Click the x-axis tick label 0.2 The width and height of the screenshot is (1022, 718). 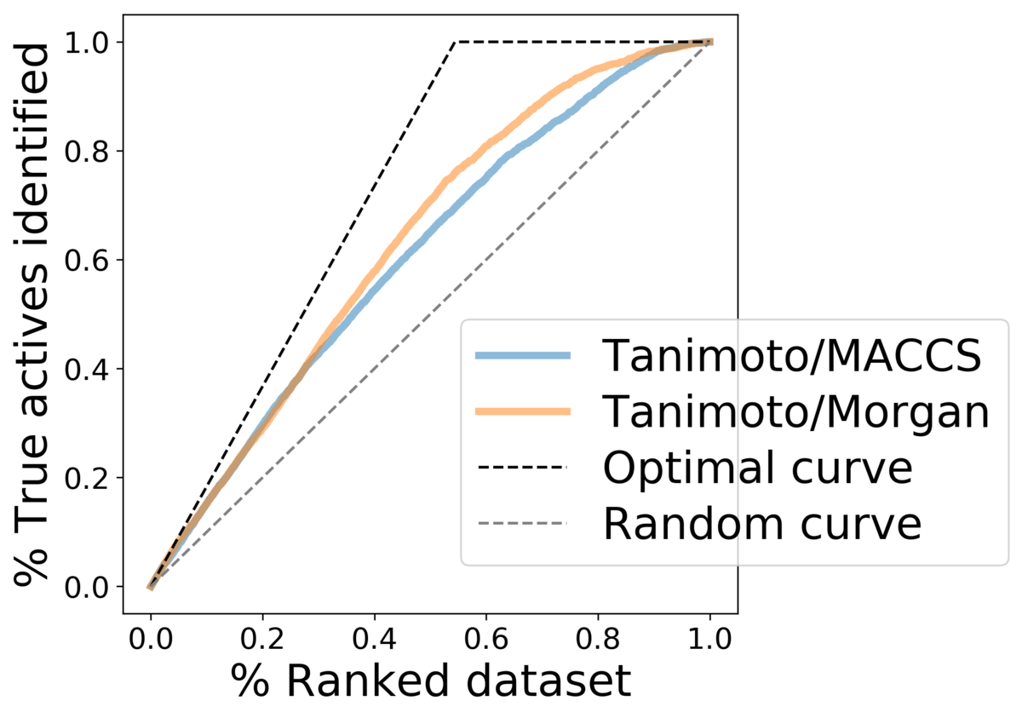click(262, 638)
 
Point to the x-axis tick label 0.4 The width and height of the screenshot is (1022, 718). click(374, 638)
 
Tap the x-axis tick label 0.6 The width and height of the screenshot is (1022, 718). click(486, 638)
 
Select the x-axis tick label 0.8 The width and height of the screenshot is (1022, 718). click(598, 638)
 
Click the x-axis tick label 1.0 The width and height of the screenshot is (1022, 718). click(709, 638)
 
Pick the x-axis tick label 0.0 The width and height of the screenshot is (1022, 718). click(151, 638)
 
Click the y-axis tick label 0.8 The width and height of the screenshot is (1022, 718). click(87, 151)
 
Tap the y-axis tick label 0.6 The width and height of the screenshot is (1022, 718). click(87, 260)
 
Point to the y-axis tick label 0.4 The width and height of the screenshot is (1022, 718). click(87, 369)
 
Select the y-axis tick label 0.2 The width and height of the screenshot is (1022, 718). click(87, 478)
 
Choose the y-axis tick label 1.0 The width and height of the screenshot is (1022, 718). click(87, 43)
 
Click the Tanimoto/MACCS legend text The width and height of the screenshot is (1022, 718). click(792, 356)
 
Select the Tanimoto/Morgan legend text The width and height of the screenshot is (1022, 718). click(795, 413)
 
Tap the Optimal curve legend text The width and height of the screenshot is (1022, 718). click(758, 468)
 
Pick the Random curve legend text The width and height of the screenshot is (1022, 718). click(762, 524)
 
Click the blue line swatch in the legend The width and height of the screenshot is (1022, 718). click(523, 356)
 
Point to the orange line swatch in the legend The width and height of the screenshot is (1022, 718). click(523, 412)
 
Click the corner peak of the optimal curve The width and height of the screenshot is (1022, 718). click(455, 42)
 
